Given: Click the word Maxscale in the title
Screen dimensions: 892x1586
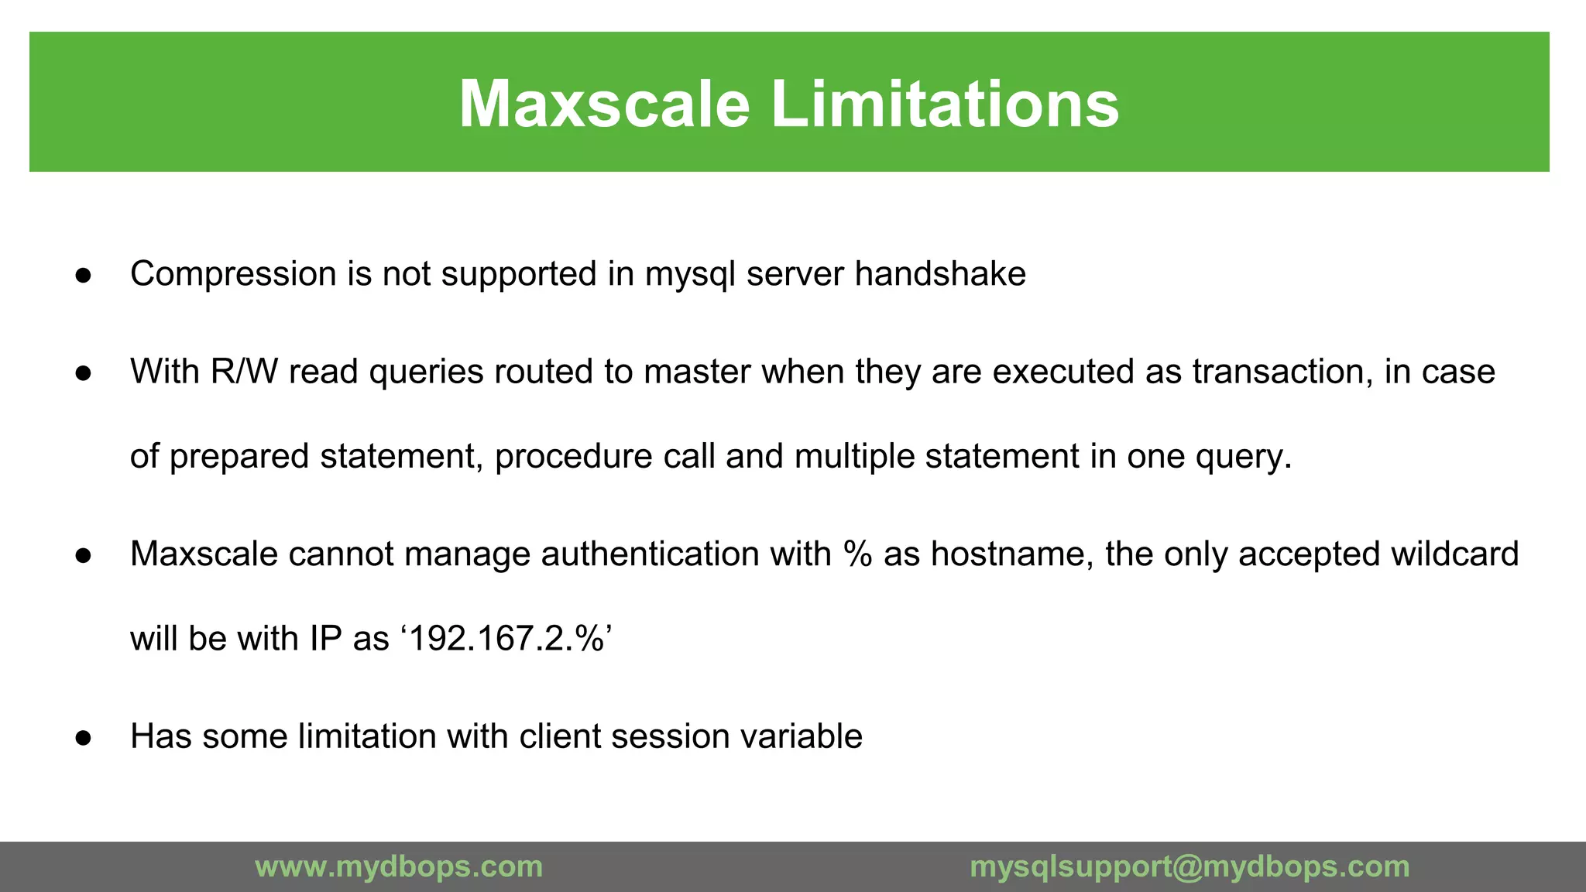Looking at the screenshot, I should click(604, 104).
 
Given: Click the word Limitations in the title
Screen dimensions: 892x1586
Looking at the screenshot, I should click(945, 104).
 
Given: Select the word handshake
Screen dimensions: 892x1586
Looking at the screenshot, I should click(940, 274).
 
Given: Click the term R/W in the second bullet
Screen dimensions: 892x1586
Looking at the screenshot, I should click(244, 372).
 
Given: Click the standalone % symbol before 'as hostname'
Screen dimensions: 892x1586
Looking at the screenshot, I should click(857, 554).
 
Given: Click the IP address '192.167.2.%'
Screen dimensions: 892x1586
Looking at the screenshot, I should click(506, 639).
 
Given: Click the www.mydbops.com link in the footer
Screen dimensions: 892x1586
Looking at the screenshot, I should click(399, 866).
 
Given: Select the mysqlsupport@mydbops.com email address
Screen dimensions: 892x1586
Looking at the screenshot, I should click(1189, 866).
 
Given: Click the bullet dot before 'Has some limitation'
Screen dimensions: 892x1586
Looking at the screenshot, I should click(84, 738).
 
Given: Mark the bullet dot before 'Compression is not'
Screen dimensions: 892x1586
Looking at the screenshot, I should click(84, 276).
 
